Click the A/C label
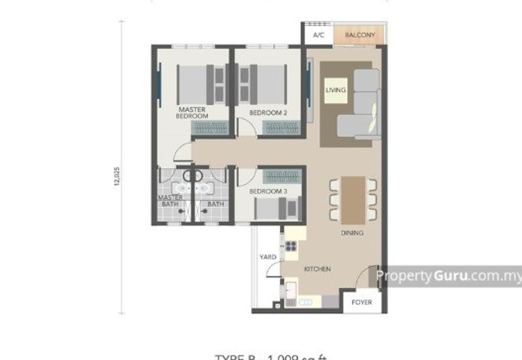[x=318, y=35]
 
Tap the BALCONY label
[x=360, y=35]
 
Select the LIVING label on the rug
[x=336, y=90]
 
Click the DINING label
[x=352, y=233]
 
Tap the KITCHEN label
[x=316, y=269]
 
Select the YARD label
[x=267, y=257]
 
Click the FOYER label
[x=361, y=303]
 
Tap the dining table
[x=353, y=199]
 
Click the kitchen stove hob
[x=290, y=247]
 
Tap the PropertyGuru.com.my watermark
[x=449, y=276]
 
